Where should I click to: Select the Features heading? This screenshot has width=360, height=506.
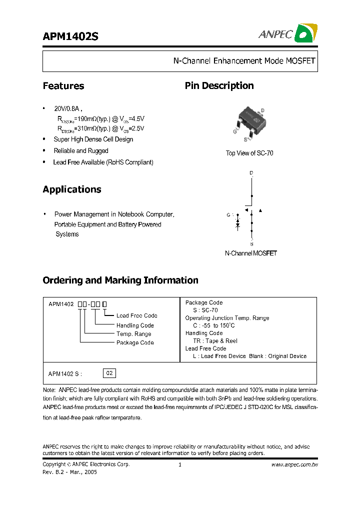pyautogui.click(x=63, y=86)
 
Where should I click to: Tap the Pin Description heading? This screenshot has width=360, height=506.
pyautogui.click(x=219, y=86)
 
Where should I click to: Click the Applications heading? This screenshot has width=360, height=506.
pyautogui.click(x=72, y=189)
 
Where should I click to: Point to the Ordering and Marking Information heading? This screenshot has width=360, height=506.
pyautogui.click(x=120, y=280)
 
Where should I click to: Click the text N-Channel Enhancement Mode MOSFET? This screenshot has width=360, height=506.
pyautogui.click(x=244, y=61)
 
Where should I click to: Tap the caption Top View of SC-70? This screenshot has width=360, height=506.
pyautogui.click(x=249, y=153)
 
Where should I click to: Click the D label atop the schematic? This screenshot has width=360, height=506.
pyautogui.click(x=251, y=173)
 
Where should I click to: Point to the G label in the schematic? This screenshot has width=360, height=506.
pyautogui.click(x=228, y=215)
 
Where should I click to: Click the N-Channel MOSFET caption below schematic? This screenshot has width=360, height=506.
pyautogui.click(x=250, y=253)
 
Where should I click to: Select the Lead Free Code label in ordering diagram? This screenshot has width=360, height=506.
pyautogui.click(x=136, y=315)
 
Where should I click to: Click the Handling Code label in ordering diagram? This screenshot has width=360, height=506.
pyautogui.click(x=135, y=325)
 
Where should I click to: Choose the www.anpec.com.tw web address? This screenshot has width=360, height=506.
pyautogui.click(x=294, y=464)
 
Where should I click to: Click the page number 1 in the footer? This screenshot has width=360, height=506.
pyautogui.click(x=179, y=464)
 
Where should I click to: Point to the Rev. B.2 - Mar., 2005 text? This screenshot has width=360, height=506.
pyautogui.click(x=70, y=472)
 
